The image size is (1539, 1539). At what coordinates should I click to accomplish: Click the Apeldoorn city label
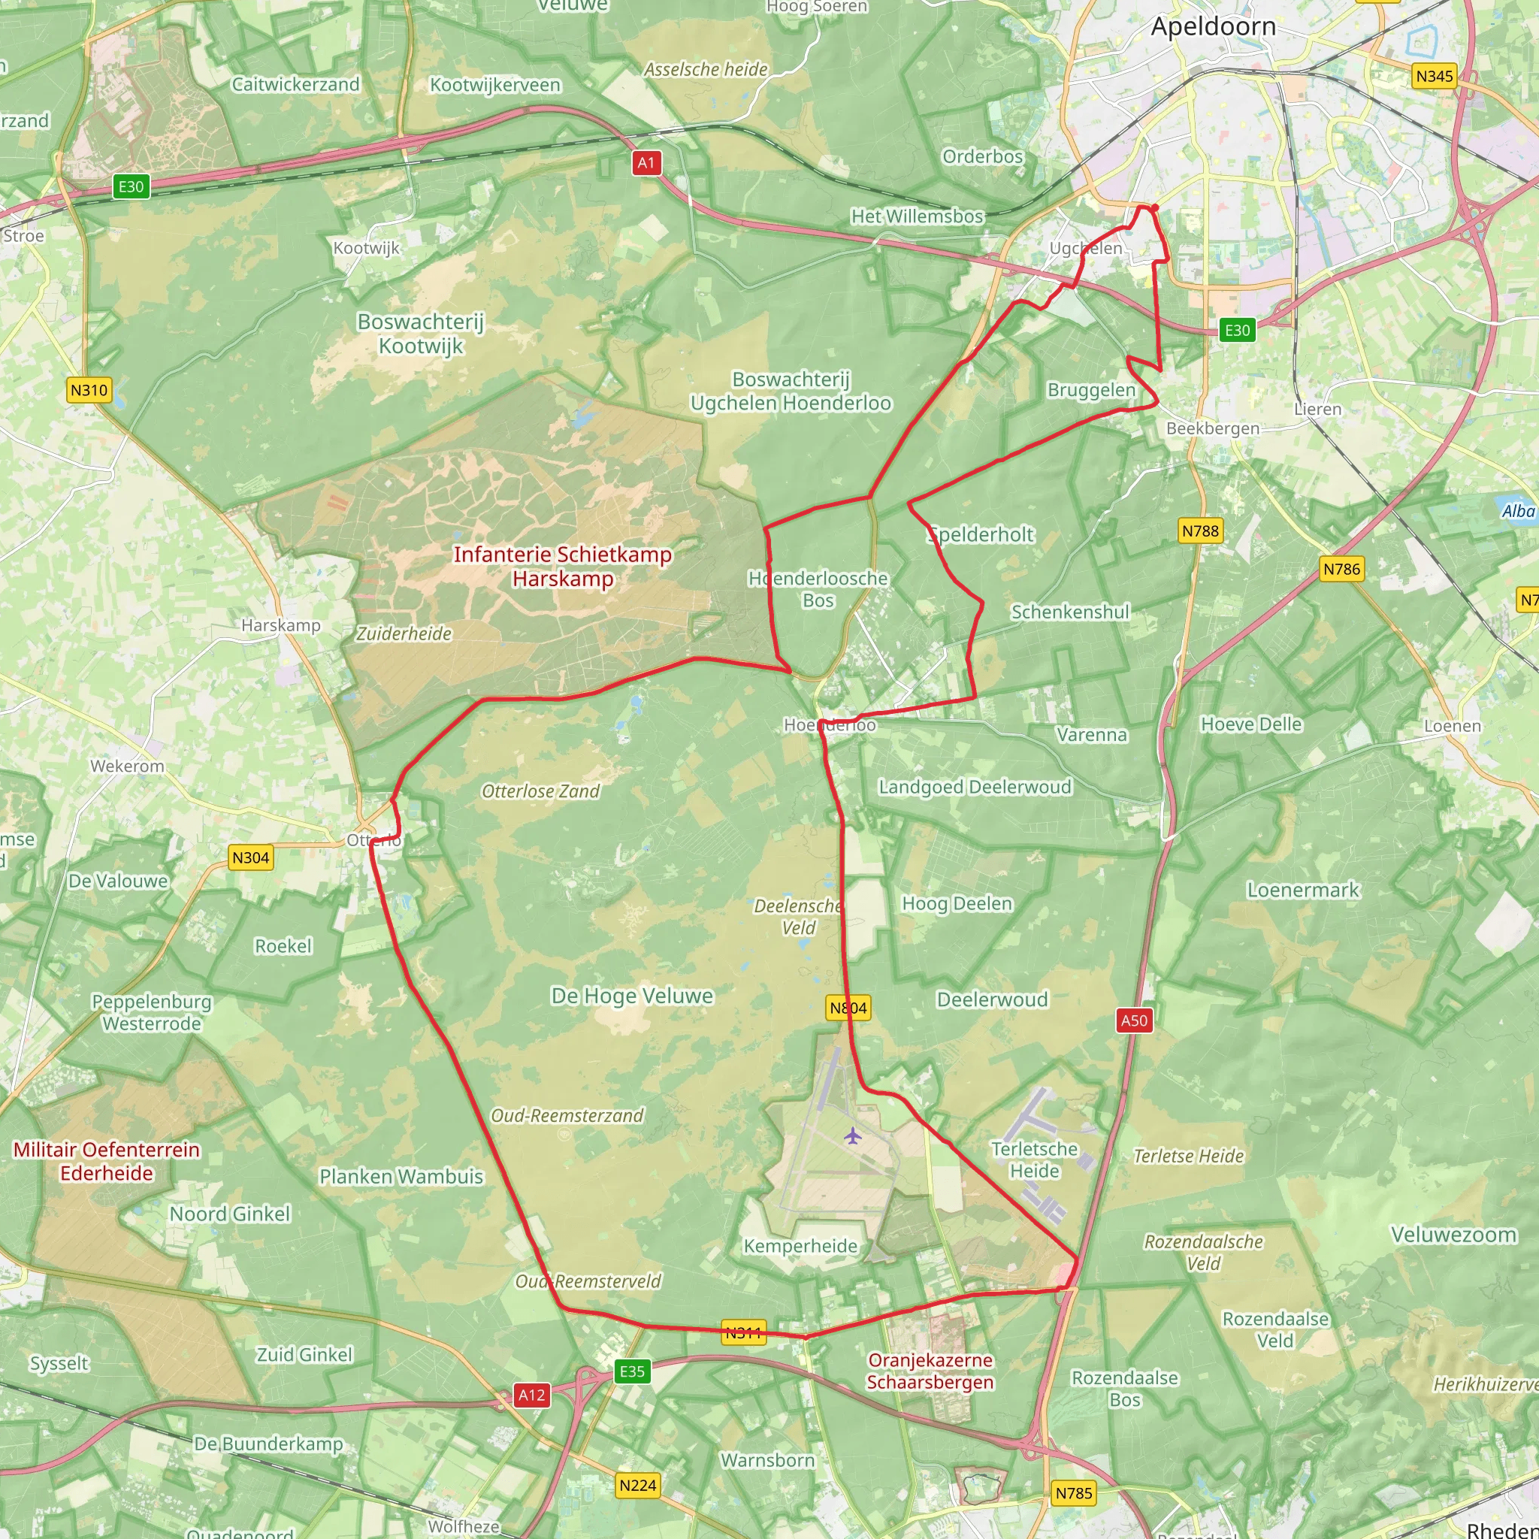point(1212,27)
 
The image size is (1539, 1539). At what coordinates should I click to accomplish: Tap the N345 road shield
point(1434,77)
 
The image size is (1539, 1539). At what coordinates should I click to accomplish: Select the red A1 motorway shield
point(646,163)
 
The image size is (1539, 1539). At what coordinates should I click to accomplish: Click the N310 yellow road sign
point(89,390)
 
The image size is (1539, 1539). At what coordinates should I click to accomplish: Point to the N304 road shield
point(250,858)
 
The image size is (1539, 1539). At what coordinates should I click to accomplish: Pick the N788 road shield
point(1199,531)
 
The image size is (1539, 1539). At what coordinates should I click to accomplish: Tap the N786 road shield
point(1341,569)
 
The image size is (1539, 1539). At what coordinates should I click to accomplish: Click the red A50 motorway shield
point(1133,1020)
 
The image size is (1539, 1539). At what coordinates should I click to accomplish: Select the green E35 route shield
point(632,1371)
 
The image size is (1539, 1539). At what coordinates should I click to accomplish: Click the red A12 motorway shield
point(531,1395)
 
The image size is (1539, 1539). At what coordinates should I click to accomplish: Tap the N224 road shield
point(637,1485)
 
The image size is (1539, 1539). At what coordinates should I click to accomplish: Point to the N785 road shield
point(1073,1493)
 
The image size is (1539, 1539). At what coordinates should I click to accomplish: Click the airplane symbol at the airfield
point(852,1135)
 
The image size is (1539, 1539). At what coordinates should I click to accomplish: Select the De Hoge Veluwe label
point(632,996)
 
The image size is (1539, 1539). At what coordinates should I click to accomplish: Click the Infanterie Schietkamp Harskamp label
point(562,567)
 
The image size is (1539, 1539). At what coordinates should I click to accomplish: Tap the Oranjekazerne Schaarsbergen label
point(930,1371)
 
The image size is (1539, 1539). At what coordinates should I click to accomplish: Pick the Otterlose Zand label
point(540,791)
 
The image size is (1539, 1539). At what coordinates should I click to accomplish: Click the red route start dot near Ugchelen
point(1153,208)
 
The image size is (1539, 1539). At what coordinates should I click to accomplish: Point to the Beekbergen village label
point(1212,428)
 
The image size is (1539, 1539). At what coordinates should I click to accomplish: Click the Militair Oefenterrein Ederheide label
point(107,1160)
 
